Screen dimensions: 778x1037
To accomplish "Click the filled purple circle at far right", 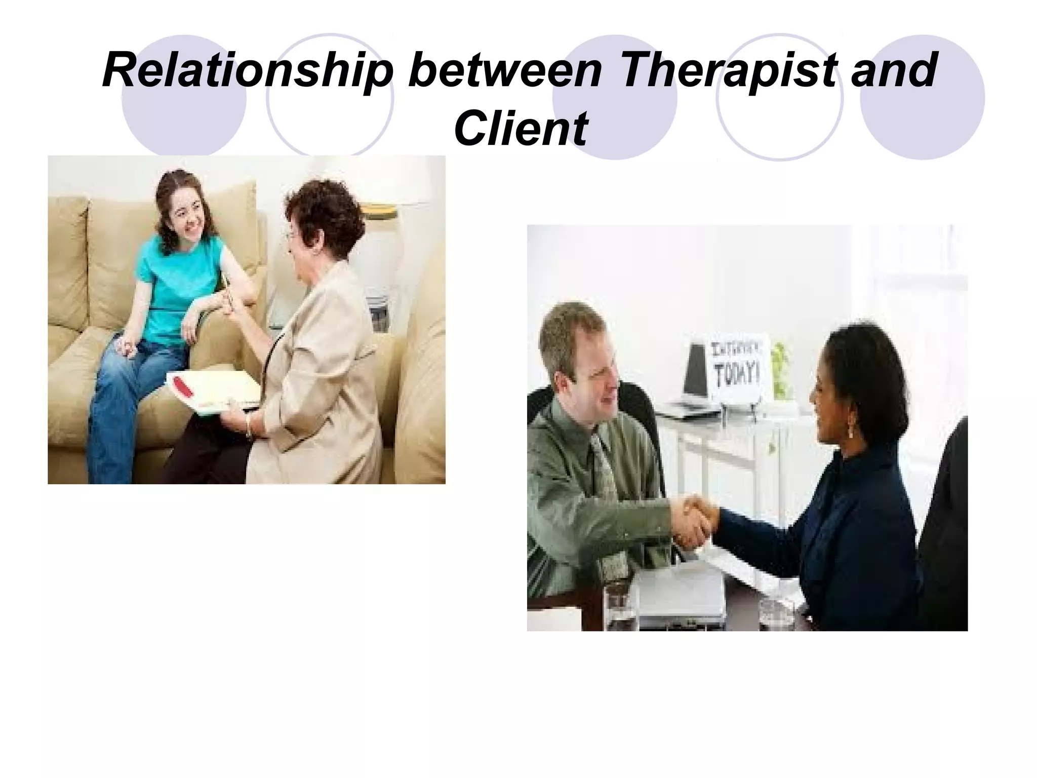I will [x=922, y=96].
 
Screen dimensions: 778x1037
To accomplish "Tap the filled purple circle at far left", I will [x=184, y=96].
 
